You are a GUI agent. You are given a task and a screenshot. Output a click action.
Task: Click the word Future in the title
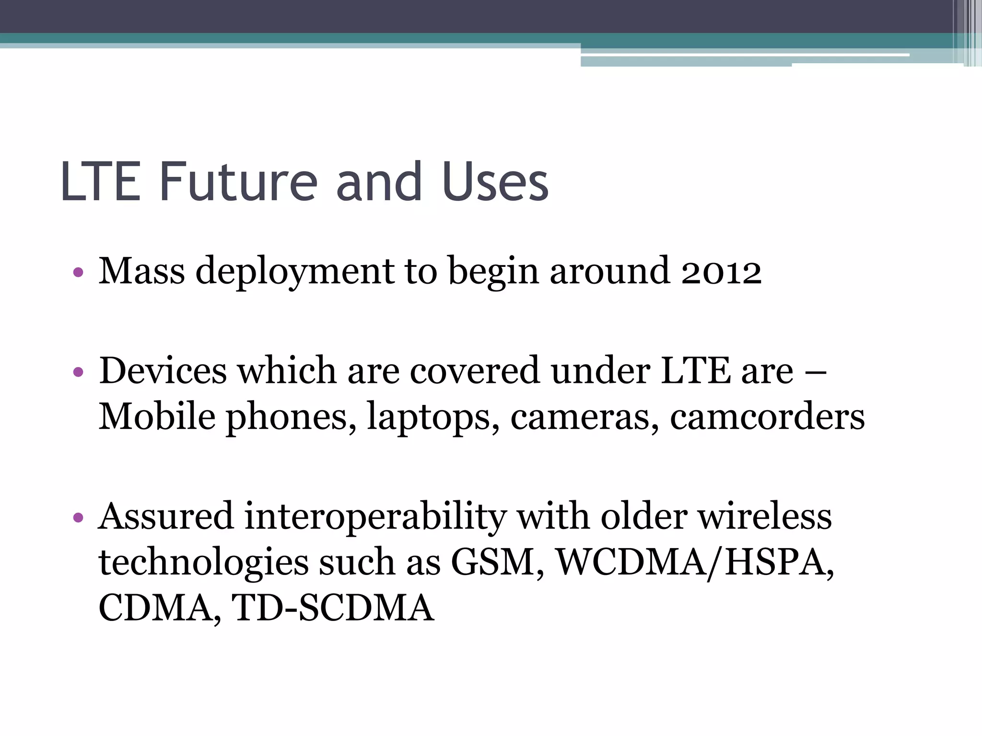[238, 182]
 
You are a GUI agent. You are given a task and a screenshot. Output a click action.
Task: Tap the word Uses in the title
[495, 182]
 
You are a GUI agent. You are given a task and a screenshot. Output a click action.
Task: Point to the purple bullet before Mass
[79, 273]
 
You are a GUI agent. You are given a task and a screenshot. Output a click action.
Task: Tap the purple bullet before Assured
[79, 518]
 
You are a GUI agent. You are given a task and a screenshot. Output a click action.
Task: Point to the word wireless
[764, 517]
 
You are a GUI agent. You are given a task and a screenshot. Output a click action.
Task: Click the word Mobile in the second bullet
[157, 416]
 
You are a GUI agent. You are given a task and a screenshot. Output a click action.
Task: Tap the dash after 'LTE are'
[816, 372]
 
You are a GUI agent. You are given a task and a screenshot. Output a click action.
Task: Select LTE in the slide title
[101, 182]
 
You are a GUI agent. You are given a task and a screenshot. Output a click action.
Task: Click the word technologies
[203, 563]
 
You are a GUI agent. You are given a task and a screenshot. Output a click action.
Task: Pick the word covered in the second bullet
[475, 371]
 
